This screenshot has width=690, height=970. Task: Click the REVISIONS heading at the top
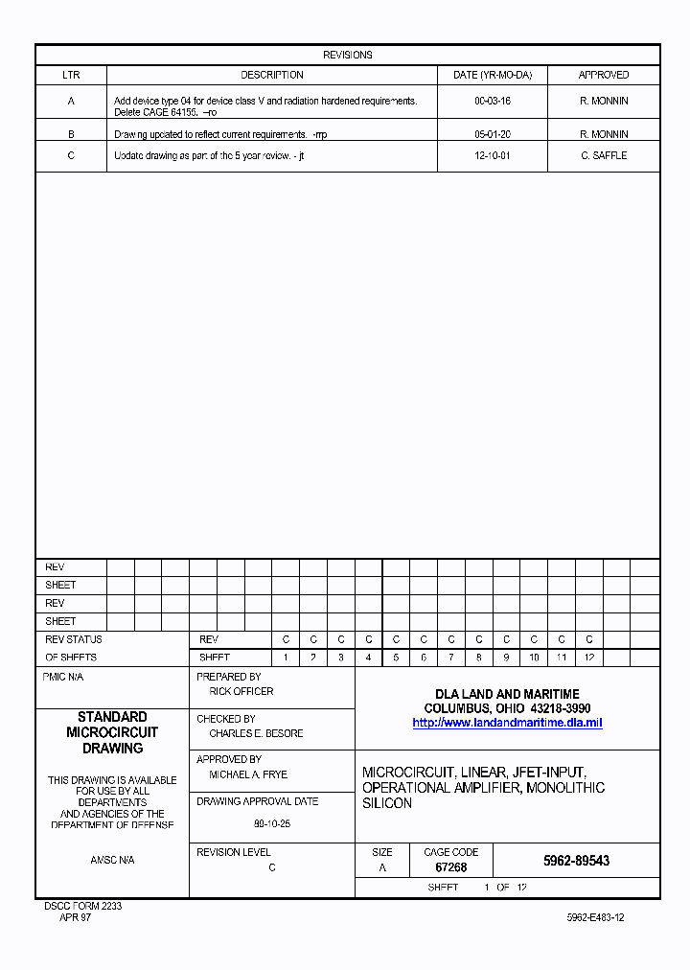[x=347, y=55]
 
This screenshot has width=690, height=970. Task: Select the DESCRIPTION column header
[x=272, y=75]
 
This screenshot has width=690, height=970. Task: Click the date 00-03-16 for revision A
[x=493, y=101]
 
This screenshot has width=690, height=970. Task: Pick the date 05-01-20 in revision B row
[x=493, y=135]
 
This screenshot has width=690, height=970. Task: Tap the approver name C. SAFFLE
[x=604, y=155]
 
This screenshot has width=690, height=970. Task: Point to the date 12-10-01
[x=493, y=155]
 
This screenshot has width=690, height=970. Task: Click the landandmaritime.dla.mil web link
[x=507, y=723]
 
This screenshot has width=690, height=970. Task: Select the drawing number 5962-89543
[x=576, y=861]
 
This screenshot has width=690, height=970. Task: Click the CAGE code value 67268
[x=450, y=867]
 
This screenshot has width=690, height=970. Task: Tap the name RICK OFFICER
[x=241, y=691]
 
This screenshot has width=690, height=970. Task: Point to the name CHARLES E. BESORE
[x=256, y=733]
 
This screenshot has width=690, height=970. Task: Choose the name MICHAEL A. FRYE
[x=248, y=774]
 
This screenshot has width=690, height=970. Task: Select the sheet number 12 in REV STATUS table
[x=589, y=658]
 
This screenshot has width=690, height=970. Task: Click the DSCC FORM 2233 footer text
[x=83, y=906]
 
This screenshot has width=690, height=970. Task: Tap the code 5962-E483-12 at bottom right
[x=595, y=917]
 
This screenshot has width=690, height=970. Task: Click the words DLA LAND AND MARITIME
[x=507, y=694]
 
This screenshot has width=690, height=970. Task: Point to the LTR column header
[x=71, y=75]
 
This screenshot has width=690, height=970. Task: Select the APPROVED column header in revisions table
[x=604, y=75]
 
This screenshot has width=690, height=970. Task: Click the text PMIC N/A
[x=63, y=677]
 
